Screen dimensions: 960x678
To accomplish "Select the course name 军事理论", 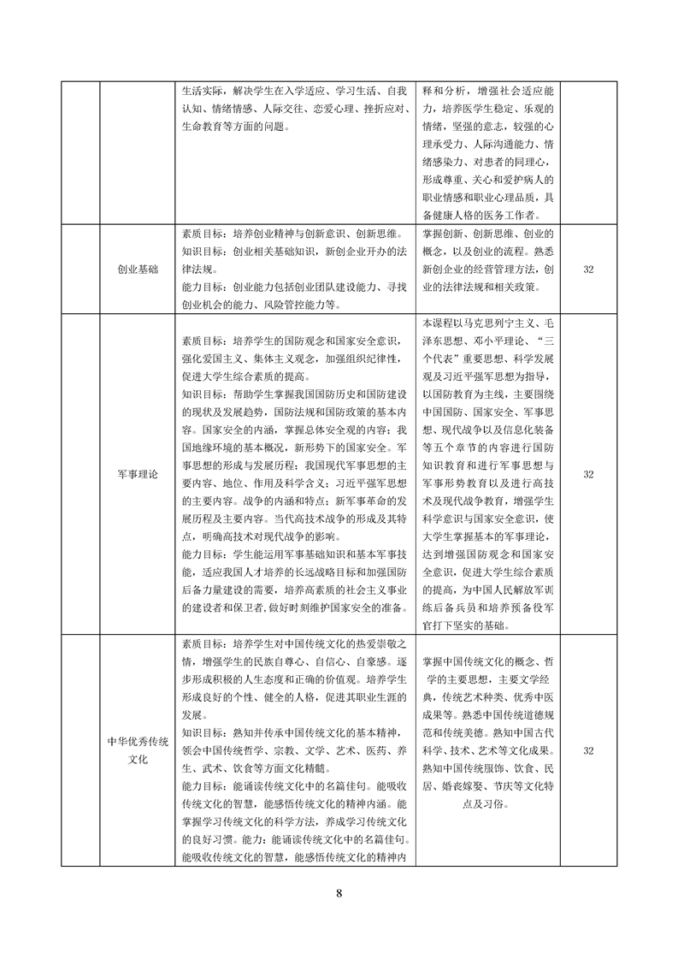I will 138,473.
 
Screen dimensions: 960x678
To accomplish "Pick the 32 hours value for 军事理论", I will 588,473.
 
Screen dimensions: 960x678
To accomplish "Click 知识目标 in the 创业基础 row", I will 204,252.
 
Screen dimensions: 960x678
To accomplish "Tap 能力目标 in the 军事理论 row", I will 204,554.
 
